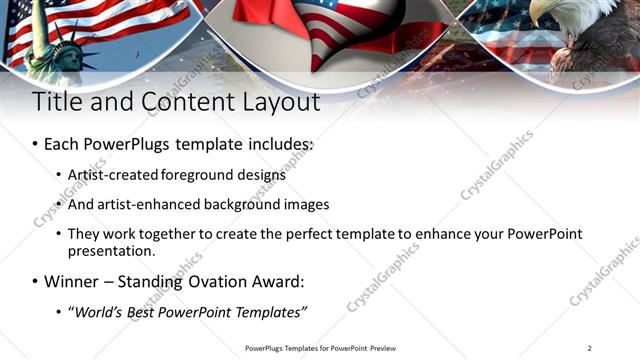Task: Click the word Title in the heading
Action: (x=57, y=102)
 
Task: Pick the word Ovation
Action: (x=212, y=281)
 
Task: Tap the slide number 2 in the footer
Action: (x=590, y=348)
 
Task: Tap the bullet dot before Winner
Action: (x=35, y=282)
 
